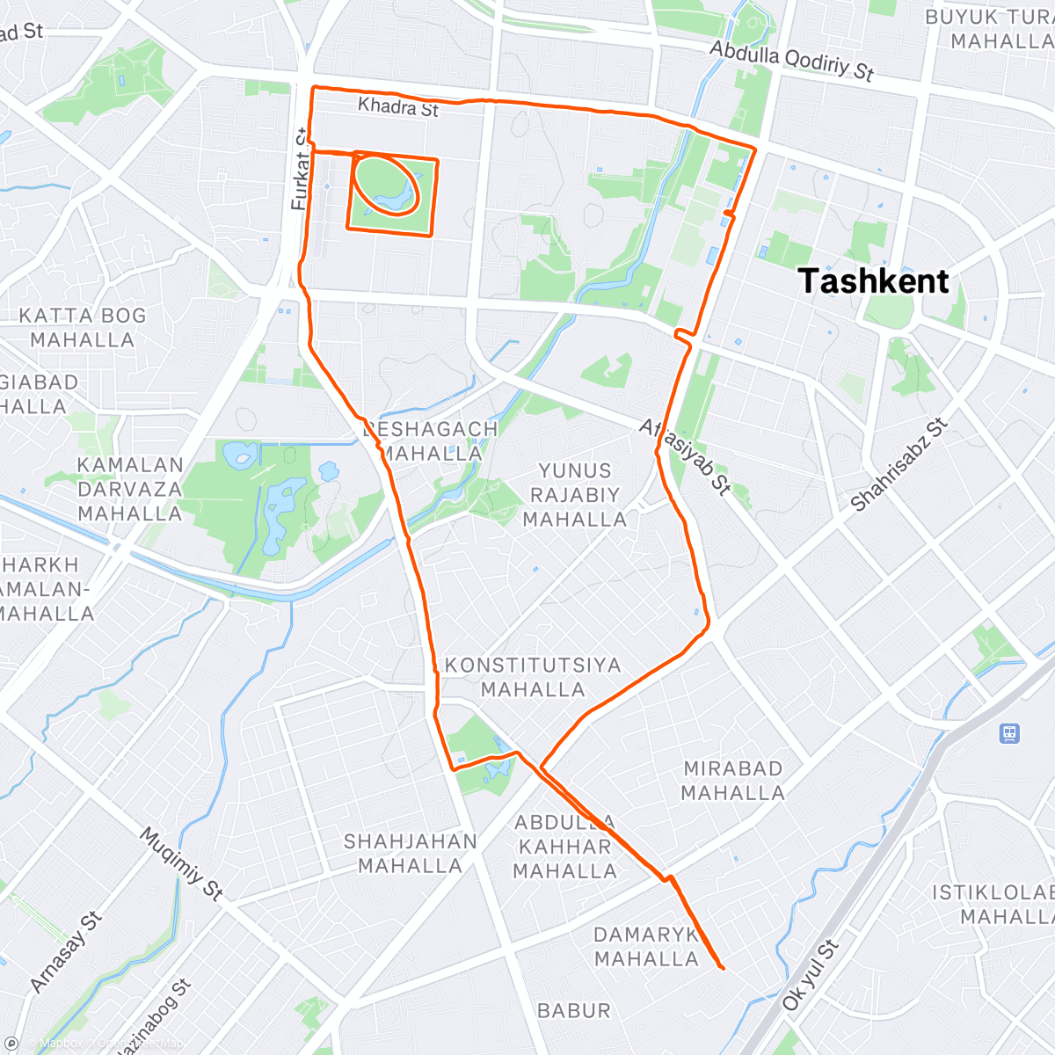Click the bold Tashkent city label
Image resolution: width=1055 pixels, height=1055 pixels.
874,281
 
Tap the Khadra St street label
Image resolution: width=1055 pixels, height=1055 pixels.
398,107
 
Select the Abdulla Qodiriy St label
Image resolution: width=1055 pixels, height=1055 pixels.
791,61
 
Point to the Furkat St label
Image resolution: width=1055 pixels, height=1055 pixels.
300,170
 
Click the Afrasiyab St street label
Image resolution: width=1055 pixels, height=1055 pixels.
685,456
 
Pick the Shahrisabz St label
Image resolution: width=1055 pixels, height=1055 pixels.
899,465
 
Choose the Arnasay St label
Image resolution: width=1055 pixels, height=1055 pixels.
66,952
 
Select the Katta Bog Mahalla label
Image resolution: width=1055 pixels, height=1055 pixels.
83,328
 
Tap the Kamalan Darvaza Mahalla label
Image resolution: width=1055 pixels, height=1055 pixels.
129,489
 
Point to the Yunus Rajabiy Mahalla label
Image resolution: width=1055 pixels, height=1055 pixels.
575,495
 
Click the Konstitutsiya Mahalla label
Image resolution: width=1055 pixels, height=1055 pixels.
533,677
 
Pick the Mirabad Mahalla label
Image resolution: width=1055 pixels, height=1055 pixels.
732,781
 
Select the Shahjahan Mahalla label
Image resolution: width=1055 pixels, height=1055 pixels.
410,854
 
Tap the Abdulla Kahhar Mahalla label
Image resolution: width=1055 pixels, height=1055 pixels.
564,847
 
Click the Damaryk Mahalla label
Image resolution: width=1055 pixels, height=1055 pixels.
646,947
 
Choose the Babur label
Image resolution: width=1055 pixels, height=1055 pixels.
573,1011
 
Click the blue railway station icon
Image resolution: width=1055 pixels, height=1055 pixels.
1009,732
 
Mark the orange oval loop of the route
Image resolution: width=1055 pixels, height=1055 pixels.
388,183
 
